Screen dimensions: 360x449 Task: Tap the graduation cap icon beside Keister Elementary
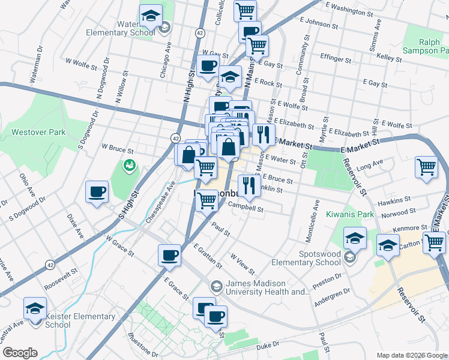35,308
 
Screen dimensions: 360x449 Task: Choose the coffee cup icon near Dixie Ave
97,192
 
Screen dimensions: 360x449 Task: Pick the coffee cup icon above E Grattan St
169,255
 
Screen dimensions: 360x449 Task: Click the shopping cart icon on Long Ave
427,167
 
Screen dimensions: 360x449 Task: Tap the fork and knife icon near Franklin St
248,185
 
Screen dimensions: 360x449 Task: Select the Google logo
20,353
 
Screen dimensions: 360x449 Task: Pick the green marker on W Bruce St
128,164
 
